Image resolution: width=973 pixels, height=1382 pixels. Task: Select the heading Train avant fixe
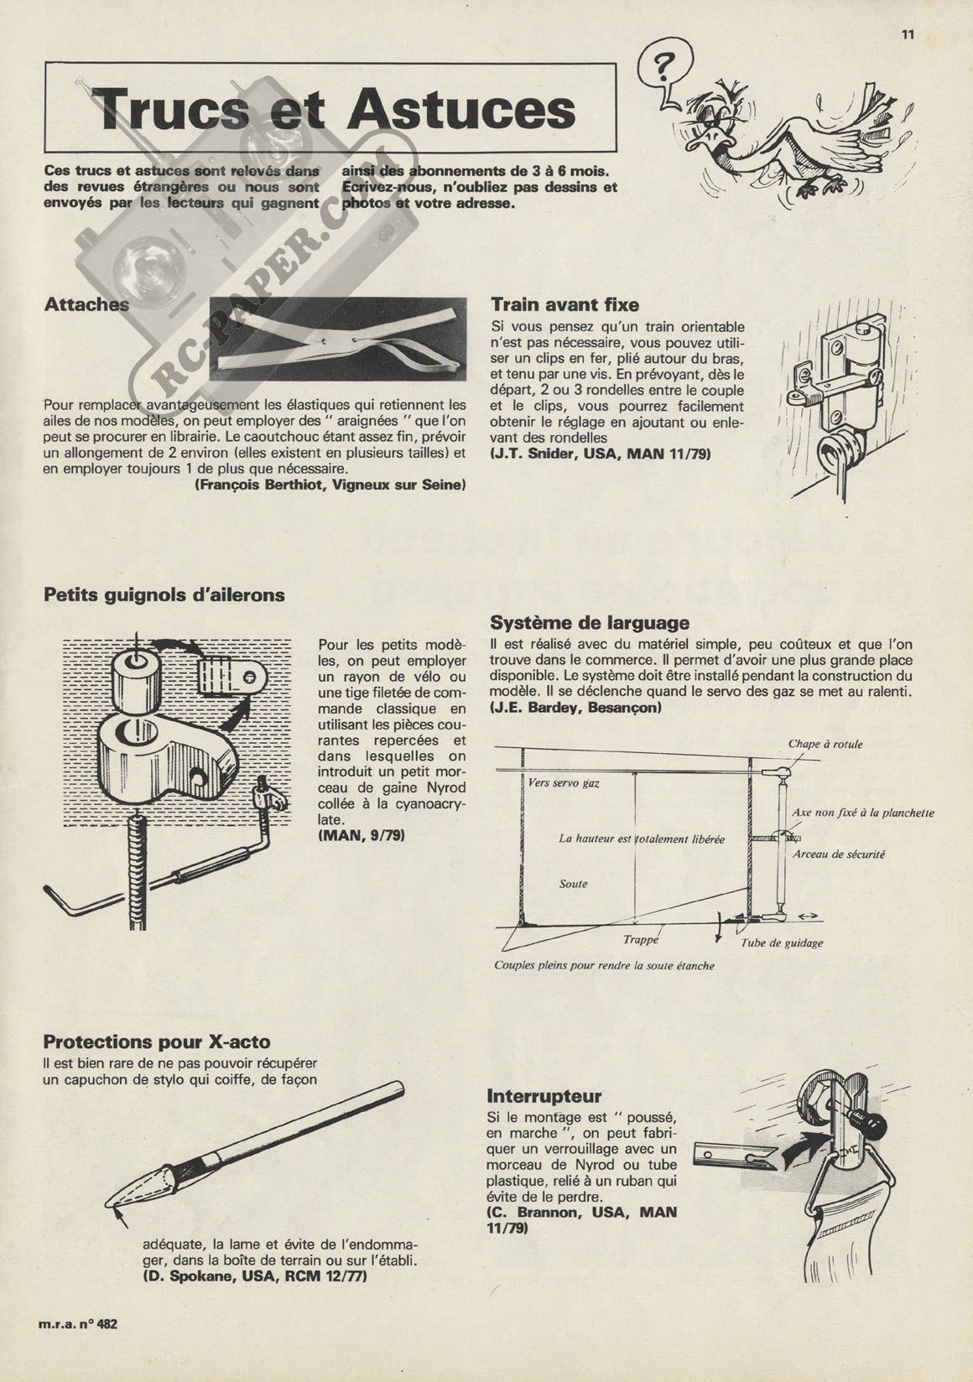pos(565,304)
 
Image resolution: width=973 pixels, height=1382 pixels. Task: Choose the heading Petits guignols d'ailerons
pos(164,595)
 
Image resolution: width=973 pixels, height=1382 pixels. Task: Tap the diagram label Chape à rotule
pos(825,744)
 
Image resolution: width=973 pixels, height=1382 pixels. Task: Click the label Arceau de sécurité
pos(839,855)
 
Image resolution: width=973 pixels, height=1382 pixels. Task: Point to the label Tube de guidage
pos(781,943)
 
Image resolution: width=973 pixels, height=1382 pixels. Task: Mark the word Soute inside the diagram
pos(573,884)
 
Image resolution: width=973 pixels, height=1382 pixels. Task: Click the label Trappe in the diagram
pos(641,941)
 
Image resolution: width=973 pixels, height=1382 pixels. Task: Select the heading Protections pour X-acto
pos(157,1042)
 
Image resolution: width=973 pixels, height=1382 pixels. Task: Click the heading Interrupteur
pos(544,1096)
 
